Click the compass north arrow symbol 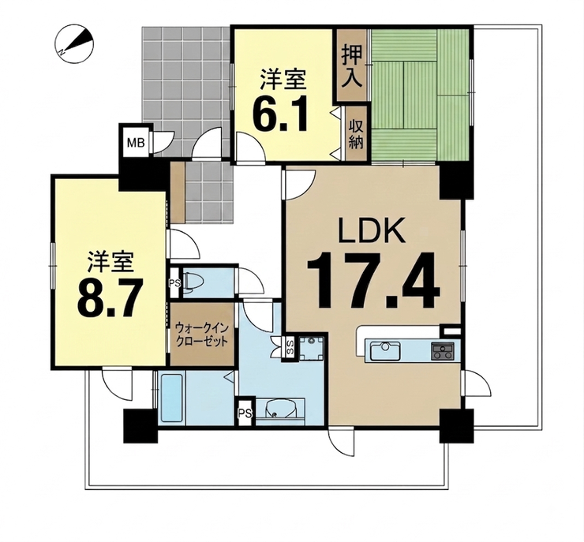(x=75, y=42)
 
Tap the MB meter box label (x=136, y=142)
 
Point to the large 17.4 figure (x=372, y=280)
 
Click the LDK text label (x=372, y=230)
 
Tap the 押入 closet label (x=352, y=67)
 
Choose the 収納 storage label (x=356, y=136)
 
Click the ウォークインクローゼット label (x=201, y=335)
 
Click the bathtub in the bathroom (x=171, y=398)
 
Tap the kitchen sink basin (x=385, y=351)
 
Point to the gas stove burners (x=443, y=351)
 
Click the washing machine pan (x=312, y=348)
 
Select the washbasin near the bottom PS (x=279, y=409)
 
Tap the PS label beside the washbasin (x=245, y=413)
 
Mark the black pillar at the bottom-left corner (x=140, y=425)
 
